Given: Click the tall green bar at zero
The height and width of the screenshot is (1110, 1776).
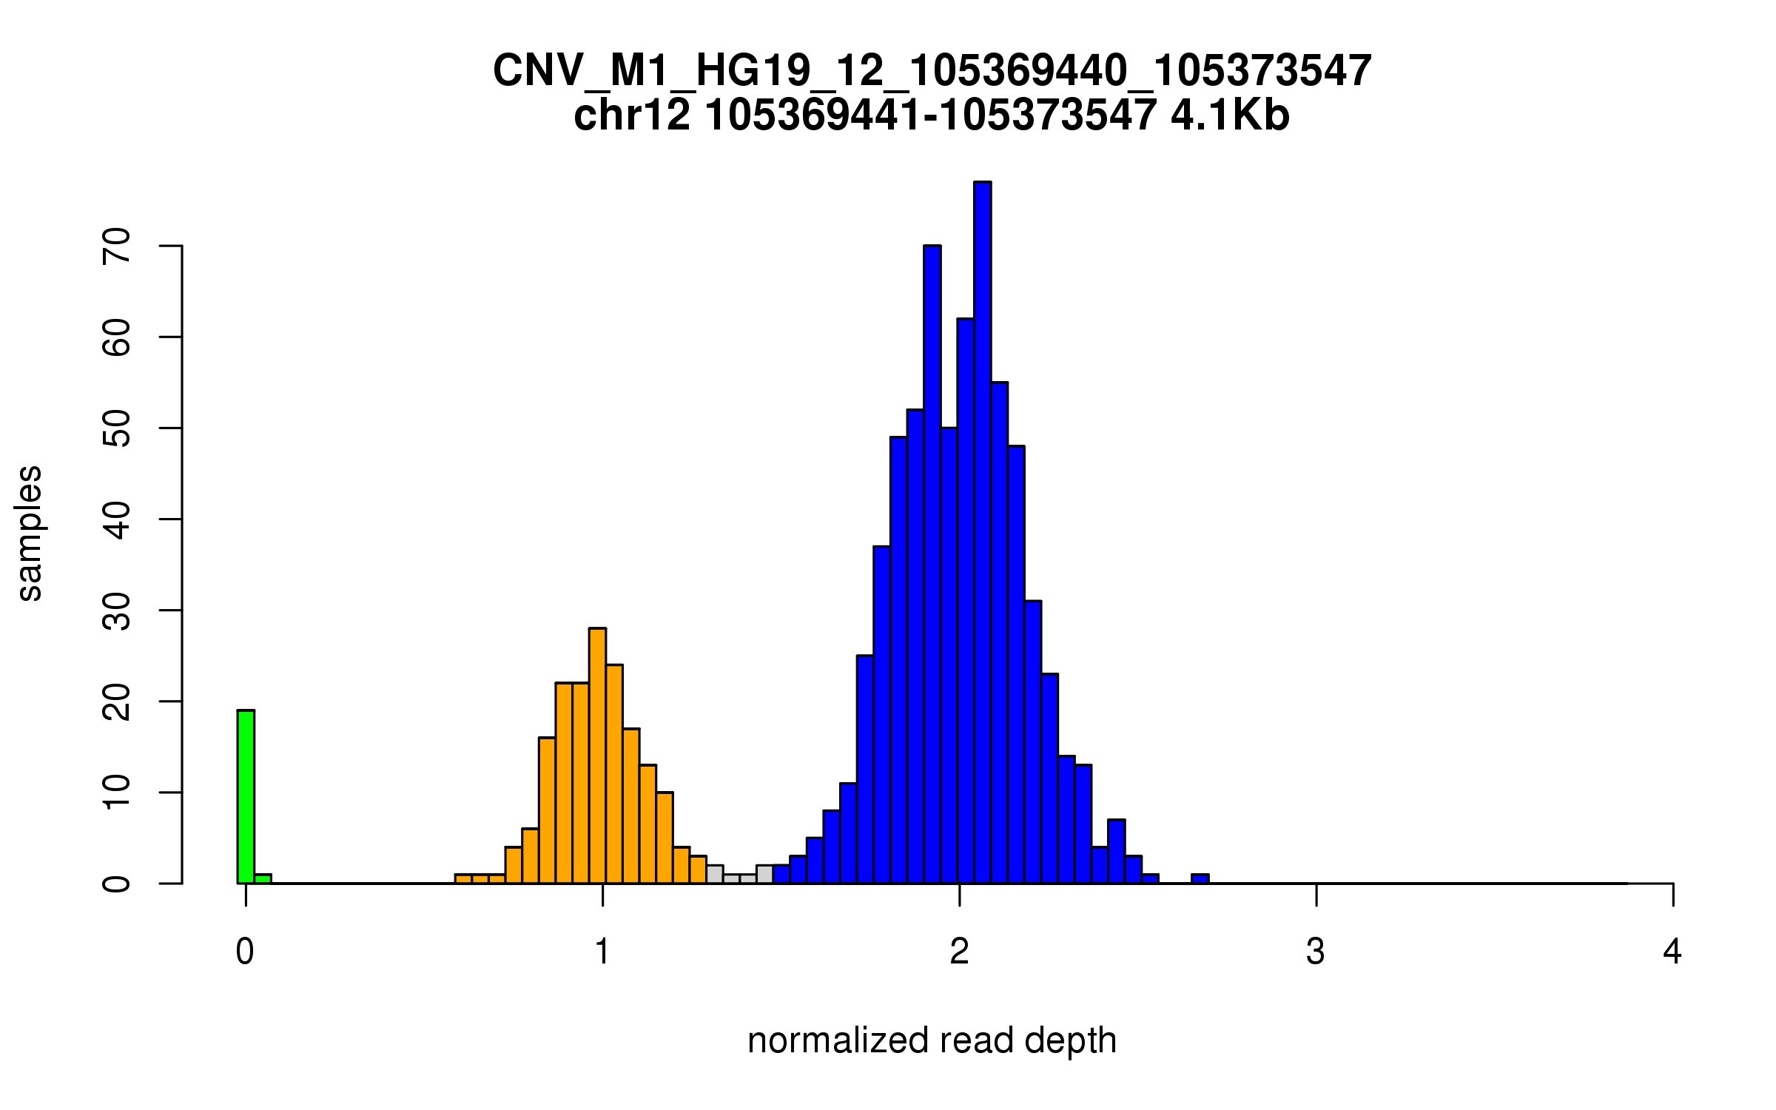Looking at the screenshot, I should [246, 796].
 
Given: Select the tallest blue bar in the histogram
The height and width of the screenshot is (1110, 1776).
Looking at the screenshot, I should [982, 533].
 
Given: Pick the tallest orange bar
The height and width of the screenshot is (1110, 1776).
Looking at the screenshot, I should [597, 755].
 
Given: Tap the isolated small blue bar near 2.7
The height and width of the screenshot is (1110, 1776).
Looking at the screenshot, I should [1200, 878].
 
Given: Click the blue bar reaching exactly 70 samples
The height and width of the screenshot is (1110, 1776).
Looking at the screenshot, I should [932, 562].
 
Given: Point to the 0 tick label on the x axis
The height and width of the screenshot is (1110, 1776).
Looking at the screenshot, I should [245, 952].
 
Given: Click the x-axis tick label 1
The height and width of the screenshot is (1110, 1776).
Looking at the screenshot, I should [602, 952].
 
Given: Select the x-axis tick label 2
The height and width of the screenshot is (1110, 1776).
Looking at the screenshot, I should [959, 952].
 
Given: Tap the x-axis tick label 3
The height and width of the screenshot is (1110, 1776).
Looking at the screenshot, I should [1315, 952].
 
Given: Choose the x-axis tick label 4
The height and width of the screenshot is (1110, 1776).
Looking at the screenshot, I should [1672, 952].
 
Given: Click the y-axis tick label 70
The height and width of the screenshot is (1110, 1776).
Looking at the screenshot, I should [117, 246].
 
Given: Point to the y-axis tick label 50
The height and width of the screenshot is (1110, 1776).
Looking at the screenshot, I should [117, 428].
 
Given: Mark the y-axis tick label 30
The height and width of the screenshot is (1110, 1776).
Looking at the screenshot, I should [117, 610].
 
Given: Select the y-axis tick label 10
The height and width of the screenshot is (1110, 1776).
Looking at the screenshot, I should [117, 793].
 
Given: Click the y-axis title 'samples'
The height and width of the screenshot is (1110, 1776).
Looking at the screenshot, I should [30, 533].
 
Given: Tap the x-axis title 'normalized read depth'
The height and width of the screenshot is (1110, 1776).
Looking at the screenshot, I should [932, 1040].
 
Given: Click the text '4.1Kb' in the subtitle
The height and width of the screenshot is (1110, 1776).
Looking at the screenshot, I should [1230, 115].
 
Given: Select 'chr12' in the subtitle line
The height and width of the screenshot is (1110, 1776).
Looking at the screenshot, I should [632, 115].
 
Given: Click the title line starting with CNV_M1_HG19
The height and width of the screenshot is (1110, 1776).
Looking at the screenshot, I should [932, 71].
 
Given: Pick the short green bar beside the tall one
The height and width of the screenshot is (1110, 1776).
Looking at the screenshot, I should [263, 878].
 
